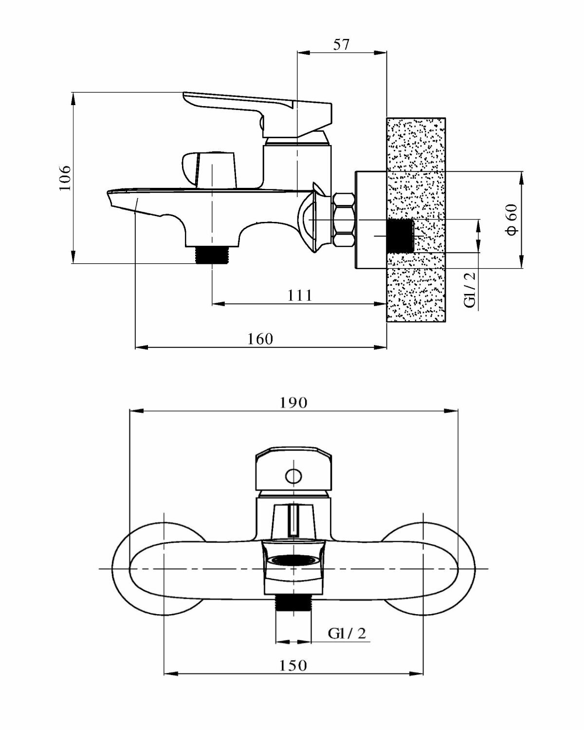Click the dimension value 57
341,44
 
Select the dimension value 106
65,178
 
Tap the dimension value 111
299,295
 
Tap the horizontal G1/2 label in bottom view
347,633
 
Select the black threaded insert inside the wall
400,236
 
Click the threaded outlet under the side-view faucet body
212,255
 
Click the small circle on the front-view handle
293,475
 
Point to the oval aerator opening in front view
293,561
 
